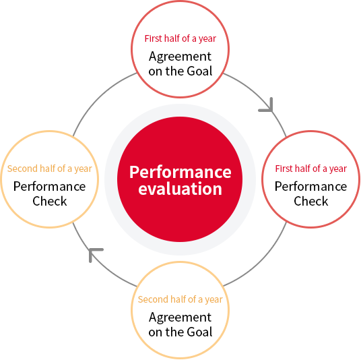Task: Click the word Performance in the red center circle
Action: pos(180,172)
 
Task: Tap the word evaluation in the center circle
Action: pos(180,189)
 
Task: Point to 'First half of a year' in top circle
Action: pos(180,38)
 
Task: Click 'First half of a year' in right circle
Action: pos(311,169)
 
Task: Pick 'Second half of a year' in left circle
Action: pos(50,169)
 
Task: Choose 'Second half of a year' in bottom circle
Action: pos(180,299)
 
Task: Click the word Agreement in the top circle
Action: pos(180,57)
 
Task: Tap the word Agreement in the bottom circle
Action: pos(180,318)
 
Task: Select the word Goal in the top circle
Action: pos(199,71)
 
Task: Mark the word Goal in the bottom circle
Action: pos(199,332)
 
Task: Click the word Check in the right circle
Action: pos(311,201)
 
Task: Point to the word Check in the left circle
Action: pos(50,201)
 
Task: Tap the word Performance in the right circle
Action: pos(311,187)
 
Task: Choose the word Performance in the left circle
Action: pos(50,187)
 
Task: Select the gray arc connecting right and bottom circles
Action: pos(261,260)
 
